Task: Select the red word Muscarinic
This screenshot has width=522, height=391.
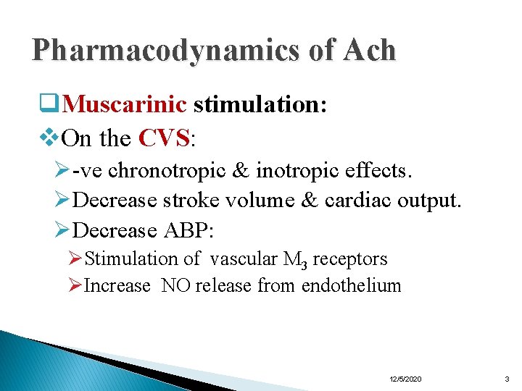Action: tap(125, 105)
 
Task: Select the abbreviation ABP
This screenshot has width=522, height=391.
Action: tap(186, 230)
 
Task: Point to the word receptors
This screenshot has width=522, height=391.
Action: tap(351, 259)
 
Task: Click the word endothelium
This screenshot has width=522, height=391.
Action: tap(351, 286)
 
